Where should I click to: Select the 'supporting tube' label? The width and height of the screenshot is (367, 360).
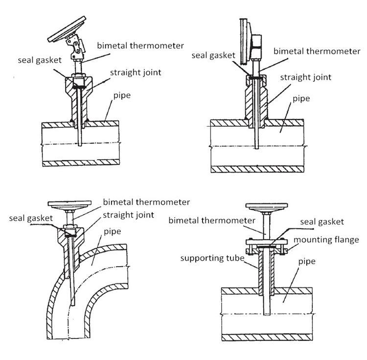click(212, 258)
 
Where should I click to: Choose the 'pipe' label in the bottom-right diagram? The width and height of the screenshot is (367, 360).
click(306, 262)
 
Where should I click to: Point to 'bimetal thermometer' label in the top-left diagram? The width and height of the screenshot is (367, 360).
click(141, 45)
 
